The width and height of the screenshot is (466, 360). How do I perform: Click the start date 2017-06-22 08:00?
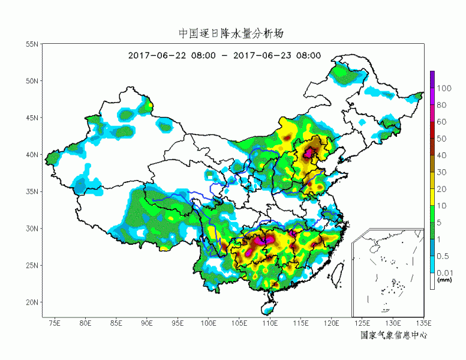coord(172,55)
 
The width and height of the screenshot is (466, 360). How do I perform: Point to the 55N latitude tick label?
coord(32,44)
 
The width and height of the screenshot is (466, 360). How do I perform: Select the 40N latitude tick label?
coord(32,155)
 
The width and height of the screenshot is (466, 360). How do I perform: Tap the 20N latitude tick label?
coord(32,302)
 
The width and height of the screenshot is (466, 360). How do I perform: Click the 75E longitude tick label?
coord(55,324)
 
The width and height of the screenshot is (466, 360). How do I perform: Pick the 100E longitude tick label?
coord(209,324)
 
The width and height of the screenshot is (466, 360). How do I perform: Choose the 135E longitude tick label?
coord(423,324)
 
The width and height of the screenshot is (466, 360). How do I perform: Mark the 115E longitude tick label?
coord(301,324)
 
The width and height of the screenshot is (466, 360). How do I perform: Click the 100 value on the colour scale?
coord(444,88)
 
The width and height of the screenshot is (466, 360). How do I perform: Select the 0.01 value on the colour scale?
coord(444,273)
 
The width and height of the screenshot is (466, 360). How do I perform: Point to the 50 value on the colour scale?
coord(442,139)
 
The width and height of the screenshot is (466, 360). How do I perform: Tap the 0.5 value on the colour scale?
coord(443,256)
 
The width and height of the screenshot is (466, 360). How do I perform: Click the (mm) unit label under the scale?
coord(444,280)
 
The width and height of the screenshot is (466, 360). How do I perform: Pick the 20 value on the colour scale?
coord(442,189)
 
